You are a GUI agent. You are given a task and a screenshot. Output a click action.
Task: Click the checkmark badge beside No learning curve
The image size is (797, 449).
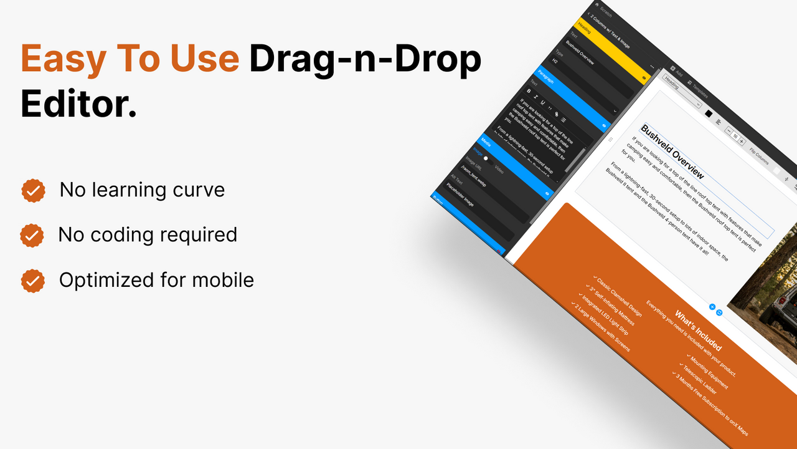(33, 191)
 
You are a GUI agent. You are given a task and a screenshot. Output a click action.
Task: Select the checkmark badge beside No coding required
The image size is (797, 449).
(32, 236)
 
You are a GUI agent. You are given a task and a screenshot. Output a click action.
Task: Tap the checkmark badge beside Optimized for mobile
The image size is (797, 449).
(33, 281)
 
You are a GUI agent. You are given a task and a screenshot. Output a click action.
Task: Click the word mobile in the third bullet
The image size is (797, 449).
(219, 280)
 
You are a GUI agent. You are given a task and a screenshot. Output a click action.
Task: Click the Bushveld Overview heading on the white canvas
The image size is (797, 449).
(672, 152)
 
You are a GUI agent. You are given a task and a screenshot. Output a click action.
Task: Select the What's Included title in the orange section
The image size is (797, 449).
(698, 329)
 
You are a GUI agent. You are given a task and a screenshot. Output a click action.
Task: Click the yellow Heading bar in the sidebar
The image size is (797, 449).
(613, 50)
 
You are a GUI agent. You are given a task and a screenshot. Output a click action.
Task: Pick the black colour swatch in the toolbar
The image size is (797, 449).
(708, 113)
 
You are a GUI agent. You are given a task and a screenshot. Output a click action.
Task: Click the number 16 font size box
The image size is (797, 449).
(735, 136)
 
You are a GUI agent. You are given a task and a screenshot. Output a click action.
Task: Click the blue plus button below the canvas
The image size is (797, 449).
(712, 307)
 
